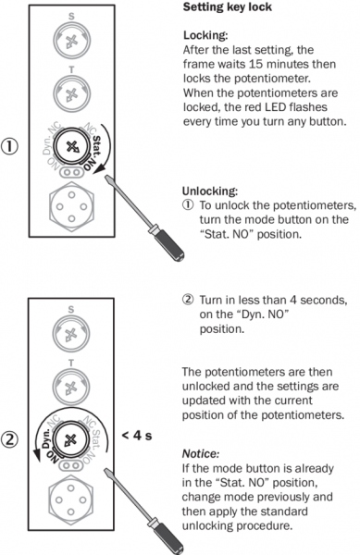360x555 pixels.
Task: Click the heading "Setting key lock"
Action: click(228, 7)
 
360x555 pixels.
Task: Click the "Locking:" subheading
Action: click(205, 35)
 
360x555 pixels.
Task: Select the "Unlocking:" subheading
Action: click(210, 191)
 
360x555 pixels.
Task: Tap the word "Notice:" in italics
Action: click(201, 454)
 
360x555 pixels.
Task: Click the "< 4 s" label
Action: click(137, 436)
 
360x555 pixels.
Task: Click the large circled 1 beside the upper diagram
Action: click(9, 146)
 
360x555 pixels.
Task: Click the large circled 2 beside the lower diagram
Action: click(9, 439)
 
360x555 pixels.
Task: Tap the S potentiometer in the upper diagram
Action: click(72, 41)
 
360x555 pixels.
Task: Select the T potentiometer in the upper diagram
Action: click(72, 93)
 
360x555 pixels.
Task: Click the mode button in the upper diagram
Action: click(71, 146)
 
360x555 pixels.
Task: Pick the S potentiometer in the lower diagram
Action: click(71, 333)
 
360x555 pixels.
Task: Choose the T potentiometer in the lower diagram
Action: click(71, 386)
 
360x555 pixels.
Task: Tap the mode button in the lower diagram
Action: click(71, 439)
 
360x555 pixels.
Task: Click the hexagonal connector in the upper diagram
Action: click(72, 206)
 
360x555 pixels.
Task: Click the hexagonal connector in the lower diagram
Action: click(70, 499)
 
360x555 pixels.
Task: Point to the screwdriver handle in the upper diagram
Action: click(169, 244)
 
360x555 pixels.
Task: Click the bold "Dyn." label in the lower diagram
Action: click(45, 438)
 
